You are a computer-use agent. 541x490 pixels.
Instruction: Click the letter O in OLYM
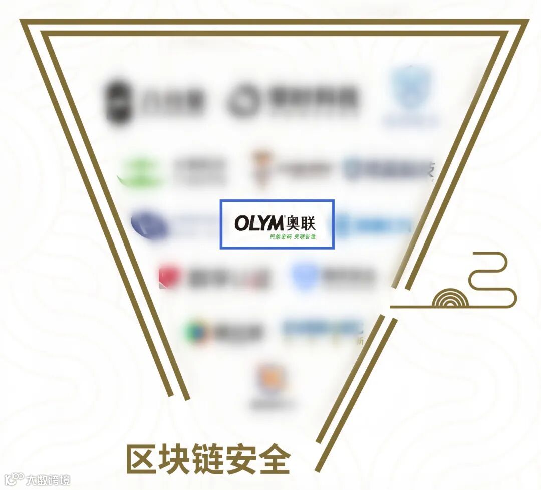pos(242,223)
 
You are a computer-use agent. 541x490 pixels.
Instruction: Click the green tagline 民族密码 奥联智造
pos(293,236)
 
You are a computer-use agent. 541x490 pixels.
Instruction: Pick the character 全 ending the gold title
pos(274,459)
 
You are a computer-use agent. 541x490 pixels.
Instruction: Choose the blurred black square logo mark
pos(118,100)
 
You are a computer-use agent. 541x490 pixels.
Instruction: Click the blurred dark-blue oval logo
pos(149,224)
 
